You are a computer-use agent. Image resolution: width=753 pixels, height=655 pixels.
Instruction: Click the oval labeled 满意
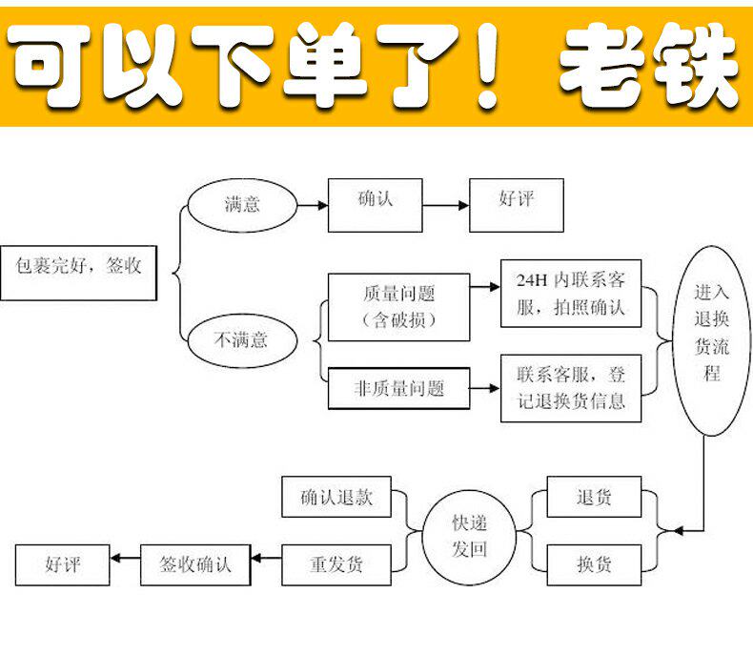point(241,203)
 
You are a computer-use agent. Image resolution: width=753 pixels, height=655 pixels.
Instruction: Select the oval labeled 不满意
point(241,338)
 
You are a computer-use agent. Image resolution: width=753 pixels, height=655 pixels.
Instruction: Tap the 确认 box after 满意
point(375,204)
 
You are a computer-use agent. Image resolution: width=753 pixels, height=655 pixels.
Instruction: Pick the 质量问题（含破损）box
point(398,307)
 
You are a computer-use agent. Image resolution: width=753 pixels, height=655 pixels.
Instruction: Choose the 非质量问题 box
point(398,388)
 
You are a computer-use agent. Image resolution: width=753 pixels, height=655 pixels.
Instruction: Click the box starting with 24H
point(571,294)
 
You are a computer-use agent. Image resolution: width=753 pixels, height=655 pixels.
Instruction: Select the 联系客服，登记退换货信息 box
point(571,387)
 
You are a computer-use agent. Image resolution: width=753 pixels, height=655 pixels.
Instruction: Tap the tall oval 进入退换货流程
point(711,340)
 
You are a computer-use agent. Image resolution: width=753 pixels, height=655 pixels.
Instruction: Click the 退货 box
point(593,499)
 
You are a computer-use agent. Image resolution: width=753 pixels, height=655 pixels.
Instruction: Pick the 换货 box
point(593,563)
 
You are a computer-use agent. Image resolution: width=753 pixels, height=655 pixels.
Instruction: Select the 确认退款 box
point(336,498)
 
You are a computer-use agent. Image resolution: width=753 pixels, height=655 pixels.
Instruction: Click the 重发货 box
point(336,563)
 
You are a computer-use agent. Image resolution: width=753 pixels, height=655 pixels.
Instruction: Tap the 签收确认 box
point(194,563)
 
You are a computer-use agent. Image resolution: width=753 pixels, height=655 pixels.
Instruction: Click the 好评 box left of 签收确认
point(63,563)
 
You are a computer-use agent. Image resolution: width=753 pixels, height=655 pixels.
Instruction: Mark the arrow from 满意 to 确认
point(312,204)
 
